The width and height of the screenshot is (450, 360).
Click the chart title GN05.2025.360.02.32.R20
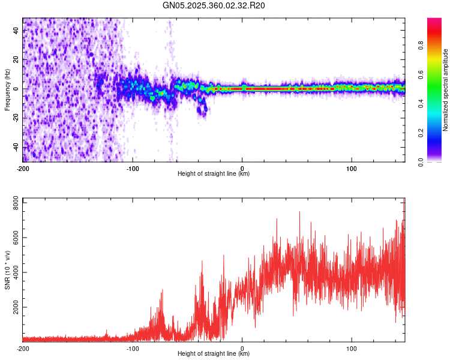tap(214, 5)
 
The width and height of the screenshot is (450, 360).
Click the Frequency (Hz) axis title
tap(7, 90)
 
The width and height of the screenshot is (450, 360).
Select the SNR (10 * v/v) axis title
tap(7, 270)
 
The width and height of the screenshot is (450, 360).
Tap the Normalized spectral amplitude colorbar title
tap(445, 90)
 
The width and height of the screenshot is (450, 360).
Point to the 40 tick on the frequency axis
tap(16, 31)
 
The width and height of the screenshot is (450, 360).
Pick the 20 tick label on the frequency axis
tap(16, 60)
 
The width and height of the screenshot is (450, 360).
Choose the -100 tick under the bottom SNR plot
tap(133, 348)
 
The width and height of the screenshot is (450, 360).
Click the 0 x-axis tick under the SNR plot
tap(242, 348)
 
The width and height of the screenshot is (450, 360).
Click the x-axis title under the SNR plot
tap(214, 354)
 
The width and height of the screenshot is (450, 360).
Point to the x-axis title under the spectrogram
tap(214, 174)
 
